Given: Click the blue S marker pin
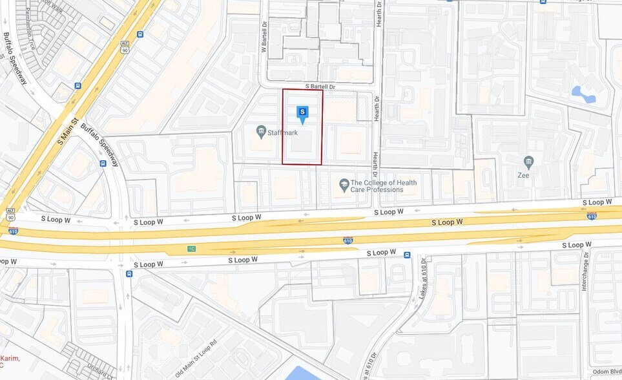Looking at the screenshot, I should pyautogui.click(x=302, y=114).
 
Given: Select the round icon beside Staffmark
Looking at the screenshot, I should pyautogui.click(x=261, y=132).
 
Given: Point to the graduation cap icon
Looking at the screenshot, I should pyautogui.click(x=344, y=186).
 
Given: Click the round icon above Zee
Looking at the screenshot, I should pyautogui.click(x=529, y=161).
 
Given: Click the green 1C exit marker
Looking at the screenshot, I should pyautogui.click(x=191, y=249).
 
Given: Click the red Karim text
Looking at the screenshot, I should pyautogui.click(x=10, y=359).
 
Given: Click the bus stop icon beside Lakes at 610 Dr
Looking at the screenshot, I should pyautogui.click(x=407, y=255).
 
